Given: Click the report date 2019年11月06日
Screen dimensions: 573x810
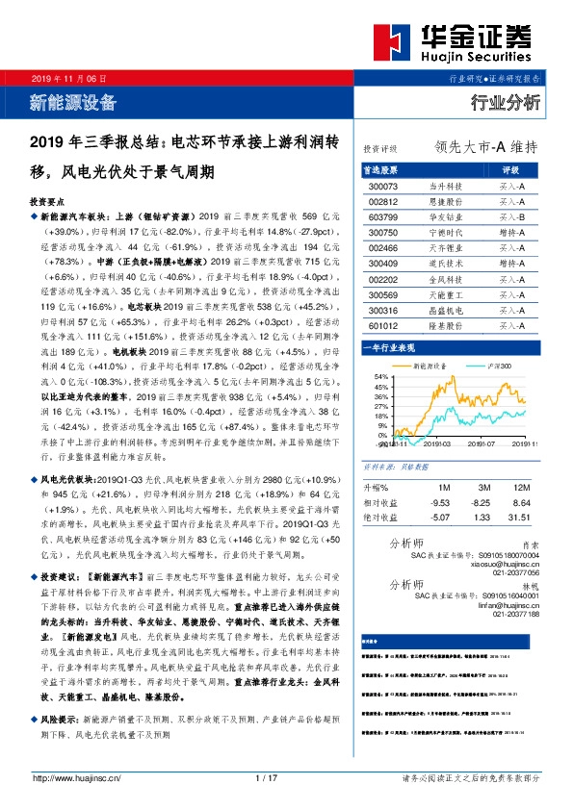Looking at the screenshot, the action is pos(68,76).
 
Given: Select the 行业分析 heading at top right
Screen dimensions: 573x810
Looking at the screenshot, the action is pos(505,102).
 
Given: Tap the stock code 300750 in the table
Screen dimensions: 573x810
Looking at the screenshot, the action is pos(383,233).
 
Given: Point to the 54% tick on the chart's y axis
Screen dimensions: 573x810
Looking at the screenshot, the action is pos(380,376).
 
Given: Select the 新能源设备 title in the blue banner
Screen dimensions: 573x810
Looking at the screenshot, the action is pos(73,101).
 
